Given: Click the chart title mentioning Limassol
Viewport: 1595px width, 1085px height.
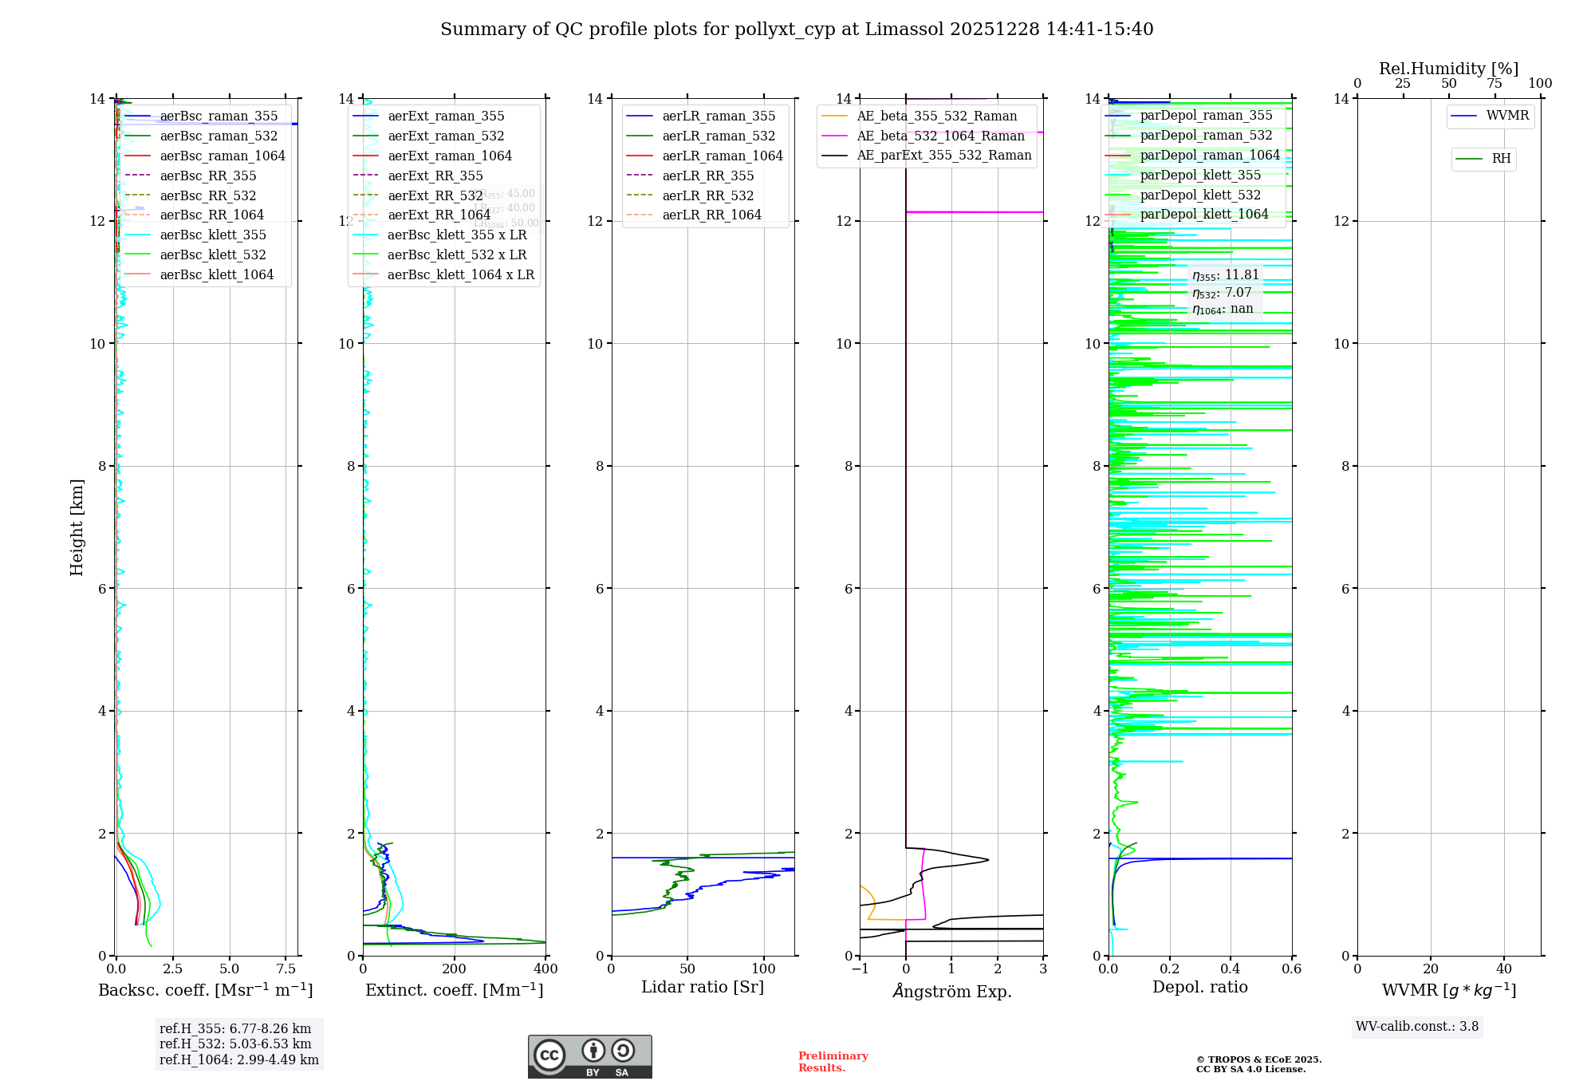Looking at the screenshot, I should click(x=797, y=30).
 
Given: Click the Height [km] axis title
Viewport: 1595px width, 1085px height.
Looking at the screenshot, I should click(x=77, y=527).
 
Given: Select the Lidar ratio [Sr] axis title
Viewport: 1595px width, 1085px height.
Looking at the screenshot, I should click(x=702, y=987).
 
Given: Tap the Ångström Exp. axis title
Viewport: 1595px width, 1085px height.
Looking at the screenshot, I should click(x=951, y=991).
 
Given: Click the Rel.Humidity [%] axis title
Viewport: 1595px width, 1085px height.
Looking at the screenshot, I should click(x=1448, y=69).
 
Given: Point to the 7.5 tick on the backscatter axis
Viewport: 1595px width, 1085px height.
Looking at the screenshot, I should click(x=286, y=969).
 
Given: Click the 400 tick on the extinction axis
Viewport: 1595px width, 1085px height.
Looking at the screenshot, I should click(x=545, y=969).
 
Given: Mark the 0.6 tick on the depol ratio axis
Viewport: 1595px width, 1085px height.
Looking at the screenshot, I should click(x=1291, y=969).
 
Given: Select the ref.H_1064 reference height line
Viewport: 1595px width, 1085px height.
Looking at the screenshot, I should click(x=238, y=1059).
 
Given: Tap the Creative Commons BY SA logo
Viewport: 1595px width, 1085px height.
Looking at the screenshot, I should click(x=589, y=1056).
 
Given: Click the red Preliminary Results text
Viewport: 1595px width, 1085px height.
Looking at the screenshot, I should click(x=833, y=1061).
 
